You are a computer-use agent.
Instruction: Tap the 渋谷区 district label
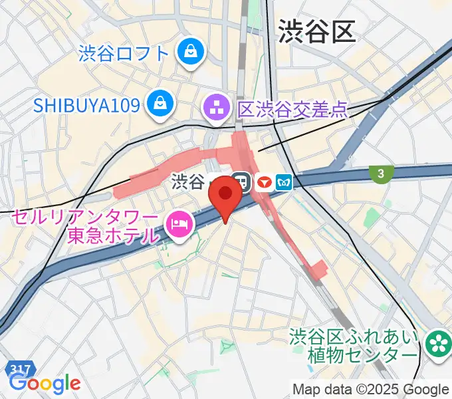316,31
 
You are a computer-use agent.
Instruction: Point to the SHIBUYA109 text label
88,104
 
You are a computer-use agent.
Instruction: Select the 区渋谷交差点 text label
292,108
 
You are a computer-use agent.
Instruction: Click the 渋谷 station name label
187,181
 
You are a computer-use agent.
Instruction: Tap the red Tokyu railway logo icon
265,182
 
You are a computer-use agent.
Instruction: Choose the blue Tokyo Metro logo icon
285,182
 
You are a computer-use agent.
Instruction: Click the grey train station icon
243,182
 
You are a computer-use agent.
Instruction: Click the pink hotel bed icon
179,224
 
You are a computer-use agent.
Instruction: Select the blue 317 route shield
20,368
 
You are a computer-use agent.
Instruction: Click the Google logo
45,384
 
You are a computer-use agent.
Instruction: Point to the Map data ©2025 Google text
370,389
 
